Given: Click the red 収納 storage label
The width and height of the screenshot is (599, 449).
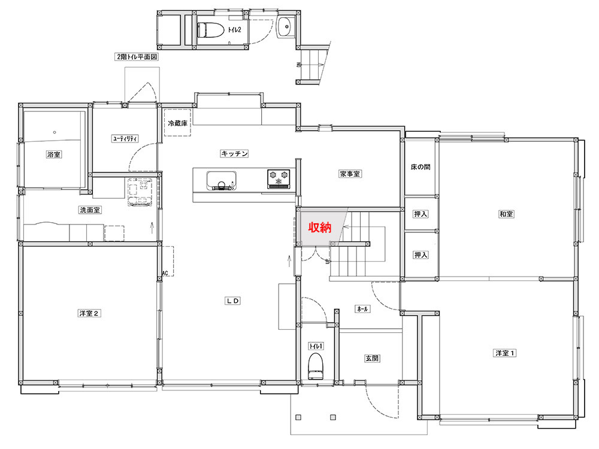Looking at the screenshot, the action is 320,227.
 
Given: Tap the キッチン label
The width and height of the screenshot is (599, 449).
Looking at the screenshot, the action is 235,153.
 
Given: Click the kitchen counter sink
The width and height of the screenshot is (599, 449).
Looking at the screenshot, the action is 221,181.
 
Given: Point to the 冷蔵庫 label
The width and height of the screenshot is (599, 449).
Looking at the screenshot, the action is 178,123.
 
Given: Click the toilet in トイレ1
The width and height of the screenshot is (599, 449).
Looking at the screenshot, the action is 316,366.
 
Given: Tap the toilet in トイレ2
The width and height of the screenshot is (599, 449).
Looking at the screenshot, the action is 210,30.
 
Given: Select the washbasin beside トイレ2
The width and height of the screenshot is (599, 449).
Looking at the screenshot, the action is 284,27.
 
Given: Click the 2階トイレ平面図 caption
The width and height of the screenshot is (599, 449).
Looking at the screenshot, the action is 137,57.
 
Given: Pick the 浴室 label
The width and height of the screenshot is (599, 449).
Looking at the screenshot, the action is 54,154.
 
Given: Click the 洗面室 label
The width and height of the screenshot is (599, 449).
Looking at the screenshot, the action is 90,210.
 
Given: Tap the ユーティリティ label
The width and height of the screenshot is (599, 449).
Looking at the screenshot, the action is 125,139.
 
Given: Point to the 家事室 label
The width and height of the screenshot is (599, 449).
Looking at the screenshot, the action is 350,174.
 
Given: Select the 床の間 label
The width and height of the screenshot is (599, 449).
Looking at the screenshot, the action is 420,167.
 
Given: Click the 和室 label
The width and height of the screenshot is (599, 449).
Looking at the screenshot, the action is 507,214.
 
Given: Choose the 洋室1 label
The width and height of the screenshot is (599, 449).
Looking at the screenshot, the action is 504,353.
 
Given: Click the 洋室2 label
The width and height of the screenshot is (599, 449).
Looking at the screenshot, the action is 89,314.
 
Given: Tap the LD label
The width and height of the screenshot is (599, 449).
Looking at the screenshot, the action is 232,301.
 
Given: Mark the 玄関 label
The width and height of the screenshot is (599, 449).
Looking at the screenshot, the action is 372,358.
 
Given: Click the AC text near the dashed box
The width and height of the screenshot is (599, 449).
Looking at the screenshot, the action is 165,273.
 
